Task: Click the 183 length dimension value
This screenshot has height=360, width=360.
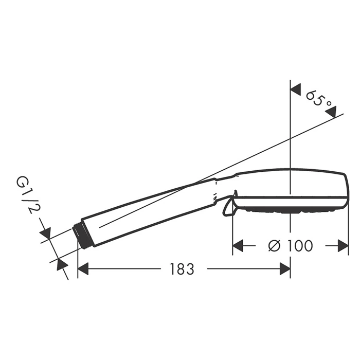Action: [x=182, y=269]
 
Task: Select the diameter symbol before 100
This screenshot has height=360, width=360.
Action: [x=274, y=246]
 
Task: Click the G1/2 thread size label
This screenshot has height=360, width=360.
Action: [x=25, y=195]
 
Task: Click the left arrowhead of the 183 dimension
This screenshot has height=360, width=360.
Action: [x=83, y=269]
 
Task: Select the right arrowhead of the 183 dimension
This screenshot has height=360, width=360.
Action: [x=285, y=269]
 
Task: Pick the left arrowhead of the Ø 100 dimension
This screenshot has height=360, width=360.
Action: [x=238, y=246]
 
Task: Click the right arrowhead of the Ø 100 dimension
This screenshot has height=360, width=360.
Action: [x=343, y=246]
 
